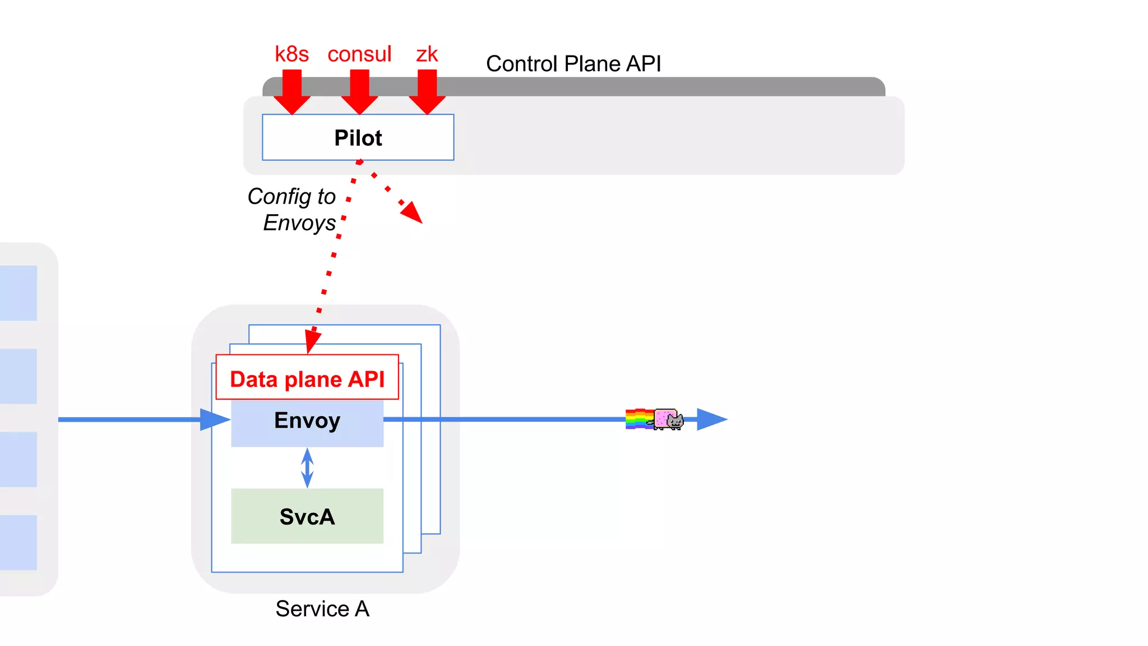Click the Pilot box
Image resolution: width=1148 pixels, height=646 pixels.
point(358,137)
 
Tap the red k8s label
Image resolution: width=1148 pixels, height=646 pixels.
point(291,54)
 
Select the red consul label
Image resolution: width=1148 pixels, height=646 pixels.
point(359,54)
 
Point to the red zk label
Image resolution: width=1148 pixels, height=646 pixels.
point(427,54)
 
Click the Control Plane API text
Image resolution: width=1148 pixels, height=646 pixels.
point(573,64)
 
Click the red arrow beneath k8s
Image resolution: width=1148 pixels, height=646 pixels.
point(292,93)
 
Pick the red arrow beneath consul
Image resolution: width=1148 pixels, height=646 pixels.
point(359,93)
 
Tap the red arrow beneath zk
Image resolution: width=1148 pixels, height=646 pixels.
point(427,93)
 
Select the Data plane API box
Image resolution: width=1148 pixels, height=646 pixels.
point(307,379)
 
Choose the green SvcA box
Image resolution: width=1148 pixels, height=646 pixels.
point(307,516)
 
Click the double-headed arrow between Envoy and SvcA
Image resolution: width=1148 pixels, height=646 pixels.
point(307,468)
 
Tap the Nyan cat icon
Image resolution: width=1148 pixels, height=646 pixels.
point(669,419)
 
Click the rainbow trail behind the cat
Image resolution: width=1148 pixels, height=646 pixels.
point(639,419)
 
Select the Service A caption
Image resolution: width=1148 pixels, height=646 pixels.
point(322,608)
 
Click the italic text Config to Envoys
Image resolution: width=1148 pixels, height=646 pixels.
point(294,209)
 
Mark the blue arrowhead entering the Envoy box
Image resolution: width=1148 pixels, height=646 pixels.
point(214,419)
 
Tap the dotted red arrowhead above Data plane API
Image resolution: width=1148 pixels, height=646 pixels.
point(312,341)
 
